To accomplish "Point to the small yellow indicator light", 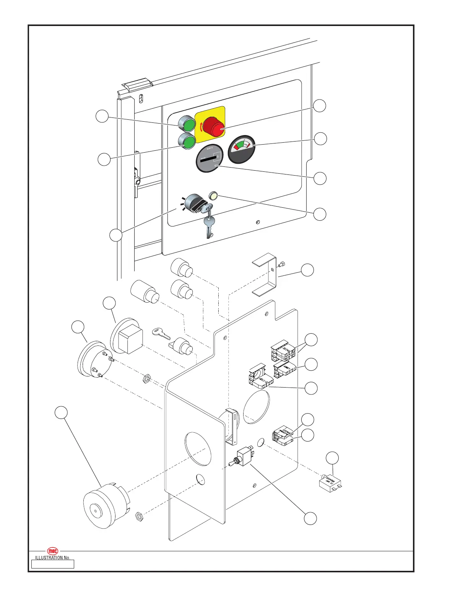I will (x=213, y=197).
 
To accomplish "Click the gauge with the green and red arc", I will (x=242, y=149).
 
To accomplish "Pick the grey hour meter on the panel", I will (x=209, y=158).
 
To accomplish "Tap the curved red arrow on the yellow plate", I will (x=201, y=125).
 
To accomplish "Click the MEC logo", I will (x=53, y=551).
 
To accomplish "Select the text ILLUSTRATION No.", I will (x=53, y=558).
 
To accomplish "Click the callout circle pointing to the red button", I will (x=320, y=106).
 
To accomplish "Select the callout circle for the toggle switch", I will (x=310, y=518).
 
